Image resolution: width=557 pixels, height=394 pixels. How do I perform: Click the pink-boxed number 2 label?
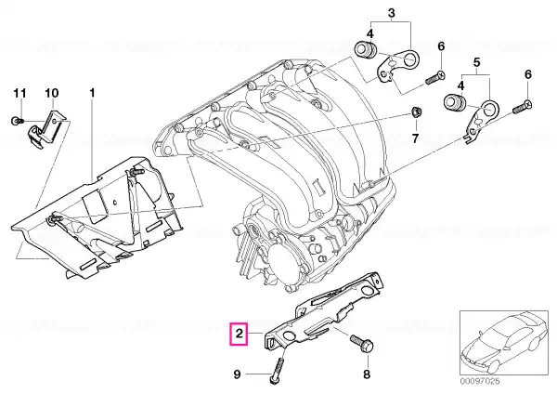tap(240, 334)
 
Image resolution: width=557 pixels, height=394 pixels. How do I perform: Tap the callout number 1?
tap(92, 93)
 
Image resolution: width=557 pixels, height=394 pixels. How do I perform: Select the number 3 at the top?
tap(391, 13)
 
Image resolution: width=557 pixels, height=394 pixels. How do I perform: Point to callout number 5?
tap(476, 62)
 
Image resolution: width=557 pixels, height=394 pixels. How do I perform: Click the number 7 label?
tap(415, 138)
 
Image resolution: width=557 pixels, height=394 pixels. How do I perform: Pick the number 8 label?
tap(367, 374)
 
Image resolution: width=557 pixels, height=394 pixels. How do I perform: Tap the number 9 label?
tap(238, 374)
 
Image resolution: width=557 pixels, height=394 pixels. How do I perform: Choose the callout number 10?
tap(52, 93)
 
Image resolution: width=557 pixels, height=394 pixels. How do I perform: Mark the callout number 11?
tap(19, 93)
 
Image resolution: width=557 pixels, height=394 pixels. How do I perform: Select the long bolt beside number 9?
tap(277, 371)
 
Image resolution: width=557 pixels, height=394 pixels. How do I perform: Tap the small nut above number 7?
tap(415, 112)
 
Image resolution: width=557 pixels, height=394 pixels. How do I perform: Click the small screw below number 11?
tap(17, 121)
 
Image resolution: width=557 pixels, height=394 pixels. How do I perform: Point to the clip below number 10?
tap(46, 129)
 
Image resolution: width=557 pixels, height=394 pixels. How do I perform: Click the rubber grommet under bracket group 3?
tap(366, 49)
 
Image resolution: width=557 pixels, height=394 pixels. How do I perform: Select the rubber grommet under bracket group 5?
tap(454, 102)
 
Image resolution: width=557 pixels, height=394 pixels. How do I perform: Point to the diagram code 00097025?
tap(480, 381)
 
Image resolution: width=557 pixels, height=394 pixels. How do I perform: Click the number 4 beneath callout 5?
tap(461, 85)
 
